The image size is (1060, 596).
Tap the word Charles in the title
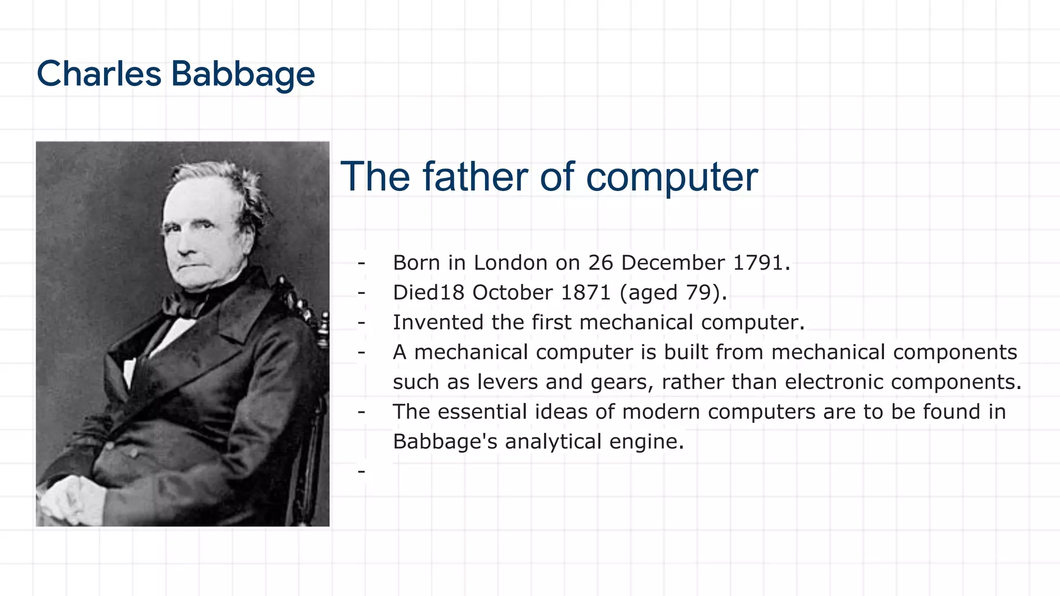tap(99, 74)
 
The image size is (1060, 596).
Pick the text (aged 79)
tap(673, 293)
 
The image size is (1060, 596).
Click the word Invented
tap(438, 322)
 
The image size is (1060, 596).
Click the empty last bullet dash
tap(361, 471)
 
